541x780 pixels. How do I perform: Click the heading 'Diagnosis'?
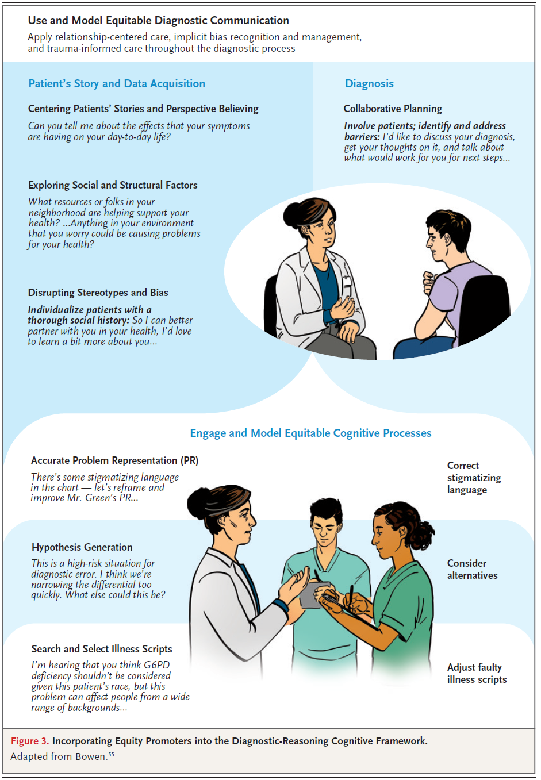coord(369,84)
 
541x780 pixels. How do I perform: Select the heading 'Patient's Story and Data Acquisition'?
coord(117,84)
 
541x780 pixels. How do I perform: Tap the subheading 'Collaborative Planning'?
coord(393,109)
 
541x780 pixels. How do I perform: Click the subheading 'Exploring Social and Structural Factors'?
coord(113,185)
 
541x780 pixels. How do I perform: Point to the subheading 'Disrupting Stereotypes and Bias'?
coord(98,293)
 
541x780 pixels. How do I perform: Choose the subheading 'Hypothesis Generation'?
coord(82,547)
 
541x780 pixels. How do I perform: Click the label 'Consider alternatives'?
coord(472,569)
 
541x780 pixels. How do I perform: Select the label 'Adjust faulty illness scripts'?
coord(477,673)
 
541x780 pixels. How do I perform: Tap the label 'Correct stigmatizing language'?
coord(474,478)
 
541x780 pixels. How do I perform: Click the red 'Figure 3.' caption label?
coord(29,741)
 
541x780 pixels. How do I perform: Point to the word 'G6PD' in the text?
coord(156,665)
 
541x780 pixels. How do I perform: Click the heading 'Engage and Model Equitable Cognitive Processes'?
coord(310,433)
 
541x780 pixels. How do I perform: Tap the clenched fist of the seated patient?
coord(429,281)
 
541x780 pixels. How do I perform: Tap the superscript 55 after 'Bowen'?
coord(111,754)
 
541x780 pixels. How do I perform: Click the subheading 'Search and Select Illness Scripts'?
coord(102,649)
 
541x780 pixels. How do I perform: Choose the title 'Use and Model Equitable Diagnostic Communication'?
coord(158,21)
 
